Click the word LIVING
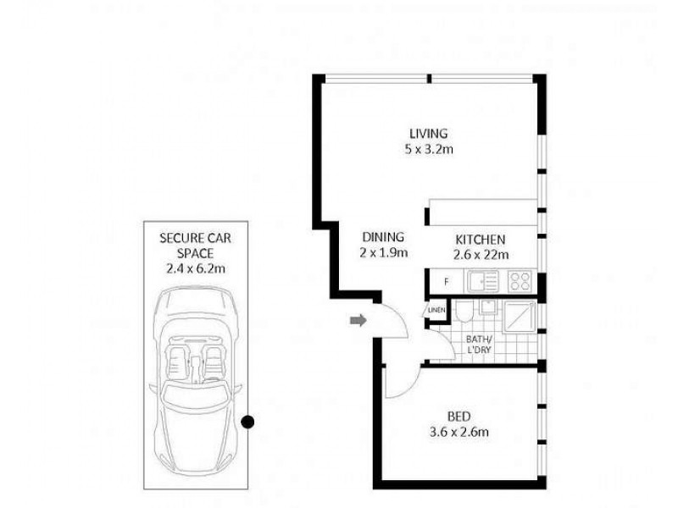pos(428,134)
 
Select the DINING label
pos(383,238)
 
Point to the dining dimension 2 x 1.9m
pos(383,253)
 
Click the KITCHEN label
pos(481,240)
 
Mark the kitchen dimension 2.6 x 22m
pos(481,255)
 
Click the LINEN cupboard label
pos(436,310)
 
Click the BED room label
pos(458,417)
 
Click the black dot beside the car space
pos(247,421)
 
